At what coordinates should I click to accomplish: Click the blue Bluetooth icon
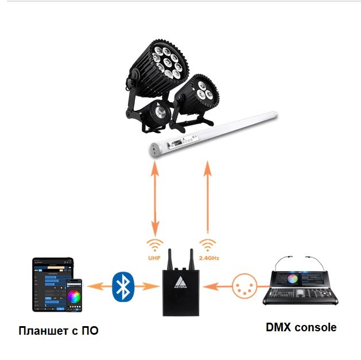(x=122, y=285)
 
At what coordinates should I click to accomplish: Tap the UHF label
(x=154, y=258)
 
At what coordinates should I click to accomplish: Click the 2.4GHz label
(x=208, y=258)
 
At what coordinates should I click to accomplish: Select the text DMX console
(x=301, y=328)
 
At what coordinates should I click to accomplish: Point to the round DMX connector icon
(x=244, y=285)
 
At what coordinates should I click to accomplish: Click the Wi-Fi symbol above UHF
(x=154, y=245)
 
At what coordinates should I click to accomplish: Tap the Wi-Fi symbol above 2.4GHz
(x=208, y=245)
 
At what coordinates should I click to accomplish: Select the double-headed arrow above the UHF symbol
(x=154, y=198)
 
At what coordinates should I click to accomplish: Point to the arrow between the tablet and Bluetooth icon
(x=97, y=285)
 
